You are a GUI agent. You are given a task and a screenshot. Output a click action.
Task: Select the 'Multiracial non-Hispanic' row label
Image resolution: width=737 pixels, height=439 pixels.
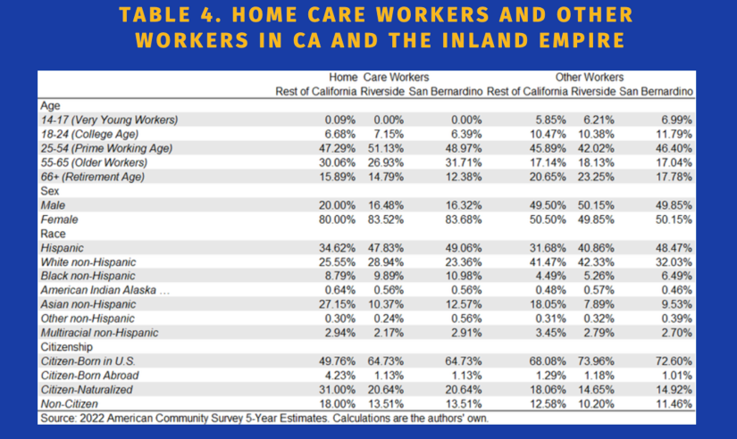tap(99, 333)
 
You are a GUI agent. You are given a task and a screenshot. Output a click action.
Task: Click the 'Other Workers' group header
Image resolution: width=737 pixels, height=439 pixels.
tap(590, 78)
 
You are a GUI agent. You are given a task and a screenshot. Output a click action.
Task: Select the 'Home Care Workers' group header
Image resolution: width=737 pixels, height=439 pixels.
tap(379, 78)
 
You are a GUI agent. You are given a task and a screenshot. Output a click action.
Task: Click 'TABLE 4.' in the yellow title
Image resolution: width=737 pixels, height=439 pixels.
tap(166, 16)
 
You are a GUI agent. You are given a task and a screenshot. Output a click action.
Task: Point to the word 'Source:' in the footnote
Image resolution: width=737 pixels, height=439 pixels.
tap(60, 418)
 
